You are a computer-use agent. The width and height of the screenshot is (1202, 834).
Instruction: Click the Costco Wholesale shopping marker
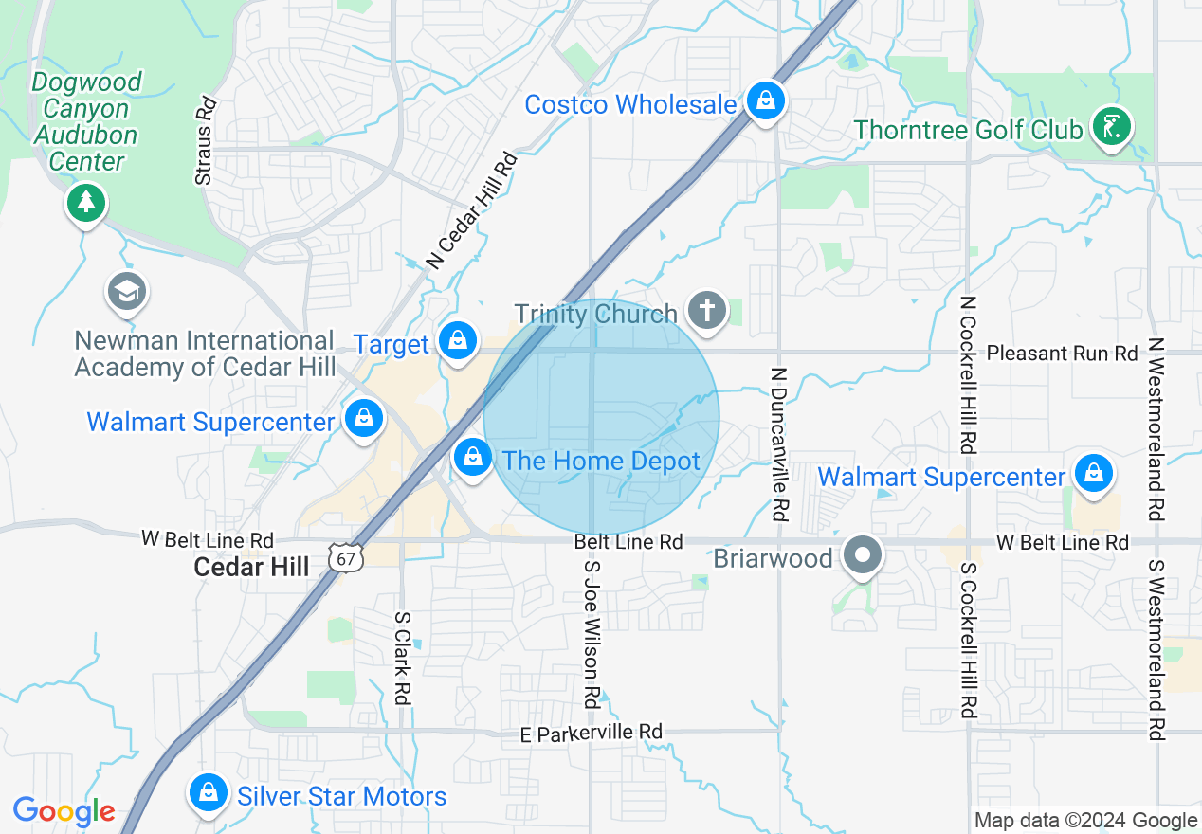764,100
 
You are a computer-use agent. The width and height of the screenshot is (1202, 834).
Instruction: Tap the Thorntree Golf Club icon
1111,126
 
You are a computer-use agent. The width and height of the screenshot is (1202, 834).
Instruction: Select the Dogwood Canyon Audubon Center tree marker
86,202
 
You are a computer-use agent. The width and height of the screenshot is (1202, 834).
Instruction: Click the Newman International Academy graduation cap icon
126,292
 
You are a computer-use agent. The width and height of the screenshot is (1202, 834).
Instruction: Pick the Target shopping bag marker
457,340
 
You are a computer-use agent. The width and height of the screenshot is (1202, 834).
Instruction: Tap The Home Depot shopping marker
471,459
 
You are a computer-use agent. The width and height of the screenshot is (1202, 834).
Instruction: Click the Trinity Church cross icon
706,310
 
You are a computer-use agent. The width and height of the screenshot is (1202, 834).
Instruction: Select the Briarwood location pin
862,555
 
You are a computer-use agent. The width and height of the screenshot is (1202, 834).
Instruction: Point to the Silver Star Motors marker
207,793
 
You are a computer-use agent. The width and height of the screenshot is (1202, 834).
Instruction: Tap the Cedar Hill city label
251,567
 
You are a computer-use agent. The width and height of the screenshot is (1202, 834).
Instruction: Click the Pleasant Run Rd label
1062,354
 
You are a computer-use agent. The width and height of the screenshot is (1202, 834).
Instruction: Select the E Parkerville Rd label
592,733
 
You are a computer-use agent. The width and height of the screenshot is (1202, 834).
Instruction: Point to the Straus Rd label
205,141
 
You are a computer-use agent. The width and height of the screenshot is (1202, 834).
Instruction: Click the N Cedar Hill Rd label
471,209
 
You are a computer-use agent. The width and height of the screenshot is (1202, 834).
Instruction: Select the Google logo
64,812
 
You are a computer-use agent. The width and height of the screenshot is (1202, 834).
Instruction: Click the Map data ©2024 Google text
1086,821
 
